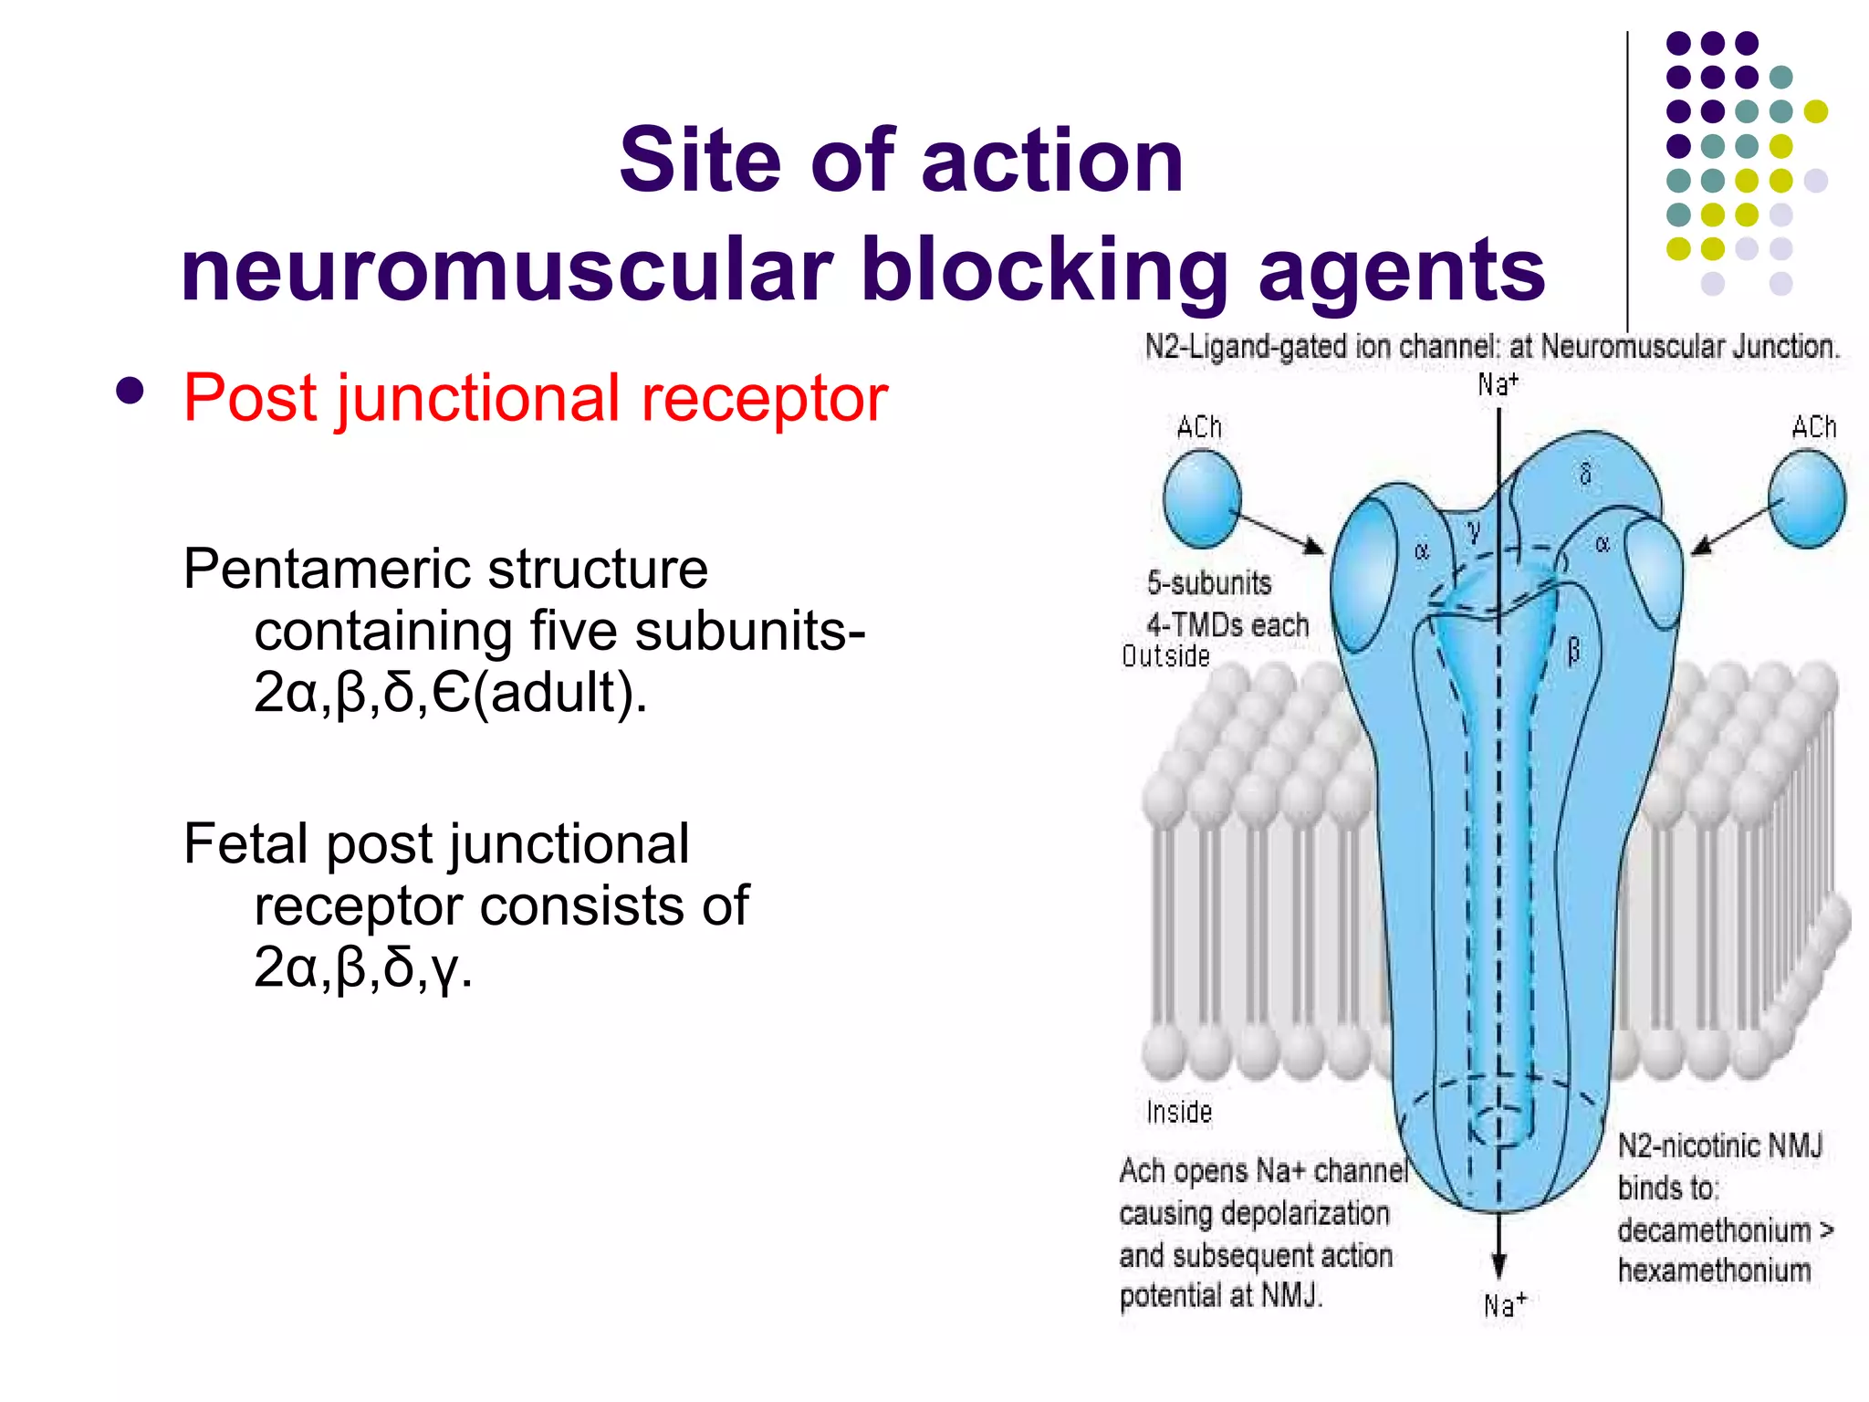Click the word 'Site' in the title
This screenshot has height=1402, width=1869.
699,161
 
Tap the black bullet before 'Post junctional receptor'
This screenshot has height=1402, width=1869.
131,392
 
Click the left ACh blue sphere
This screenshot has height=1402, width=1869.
1202,498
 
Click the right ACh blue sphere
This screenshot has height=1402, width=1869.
1806,500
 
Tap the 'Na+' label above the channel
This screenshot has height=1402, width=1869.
1498,383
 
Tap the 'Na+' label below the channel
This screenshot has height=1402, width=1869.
1504,1305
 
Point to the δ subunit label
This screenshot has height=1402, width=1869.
1585,473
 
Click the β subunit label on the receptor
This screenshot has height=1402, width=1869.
1573,651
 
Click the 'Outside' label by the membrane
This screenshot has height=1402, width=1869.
1165,656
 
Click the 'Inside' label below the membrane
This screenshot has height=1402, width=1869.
1179,1112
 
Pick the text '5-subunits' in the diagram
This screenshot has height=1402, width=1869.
1208,582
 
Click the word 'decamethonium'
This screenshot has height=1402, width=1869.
1714,1230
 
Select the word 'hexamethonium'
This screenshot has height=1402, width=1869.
1714,1271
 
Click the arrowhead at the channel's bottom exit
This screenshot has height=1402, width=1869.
1498,1265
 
